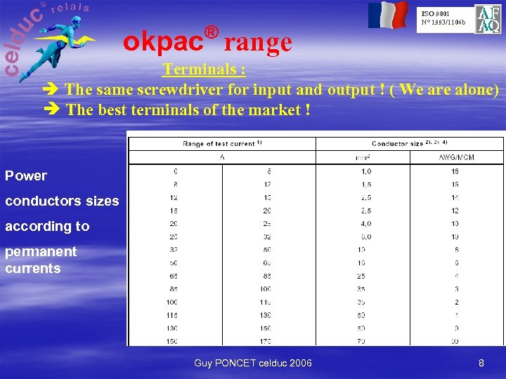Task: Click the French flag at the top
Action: click(388, 15)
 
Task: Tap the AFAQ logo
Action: click(488, 19)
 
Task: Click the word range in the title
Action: click(258, 43)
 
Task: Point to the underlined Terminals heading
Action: click(204, 69)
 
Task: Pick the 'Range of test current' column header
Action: click(222, 144)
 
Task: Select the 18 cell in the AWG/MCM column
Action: click(455, 171)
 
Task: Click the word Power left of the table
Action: click(26, 175)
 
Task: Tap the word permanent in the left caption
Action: click(41, 251)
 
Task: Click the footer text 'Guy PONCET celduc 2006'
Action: click(253, 363)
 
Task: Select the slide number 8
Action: click(481, 363)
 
